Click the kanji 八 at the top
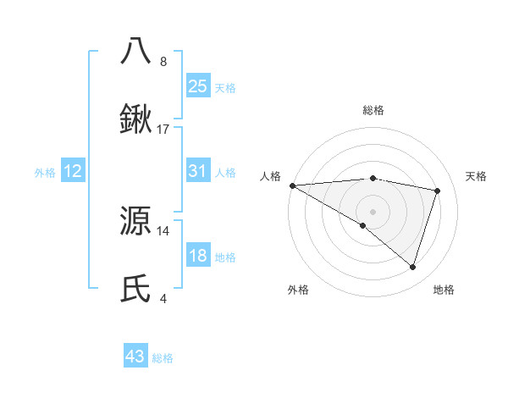click(x=136, y=51)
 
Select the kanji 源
click(x=136, y=221)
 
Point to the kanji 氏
click(x=136, y=289)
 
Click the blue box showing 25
click(x=197, y=86)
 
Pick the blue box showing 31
click(x=197, y=171)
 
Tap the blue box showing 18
click(x=197, y=256)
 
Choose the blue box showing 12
click(x=73, y=171)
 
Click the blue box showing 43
click(x=135, y=357)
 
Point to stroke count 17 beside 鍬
click(x=163, y=130)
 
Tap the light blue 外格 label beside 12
click(x=45, y=172)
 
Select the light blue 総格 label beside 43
click(x=163, y=358)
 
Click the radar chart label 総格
click(x=373, y=110)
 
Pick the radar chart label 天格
click(x=477, y=176)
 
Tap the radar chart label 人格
click(x=270, y=176)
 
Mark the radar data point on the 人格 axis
click(x=292, y=185)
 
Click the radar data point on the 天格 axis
click(x=438, y=191)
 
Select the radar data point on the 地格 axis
click(x=412, y=267)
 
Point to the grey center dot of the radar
click(x=373, y=211)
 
